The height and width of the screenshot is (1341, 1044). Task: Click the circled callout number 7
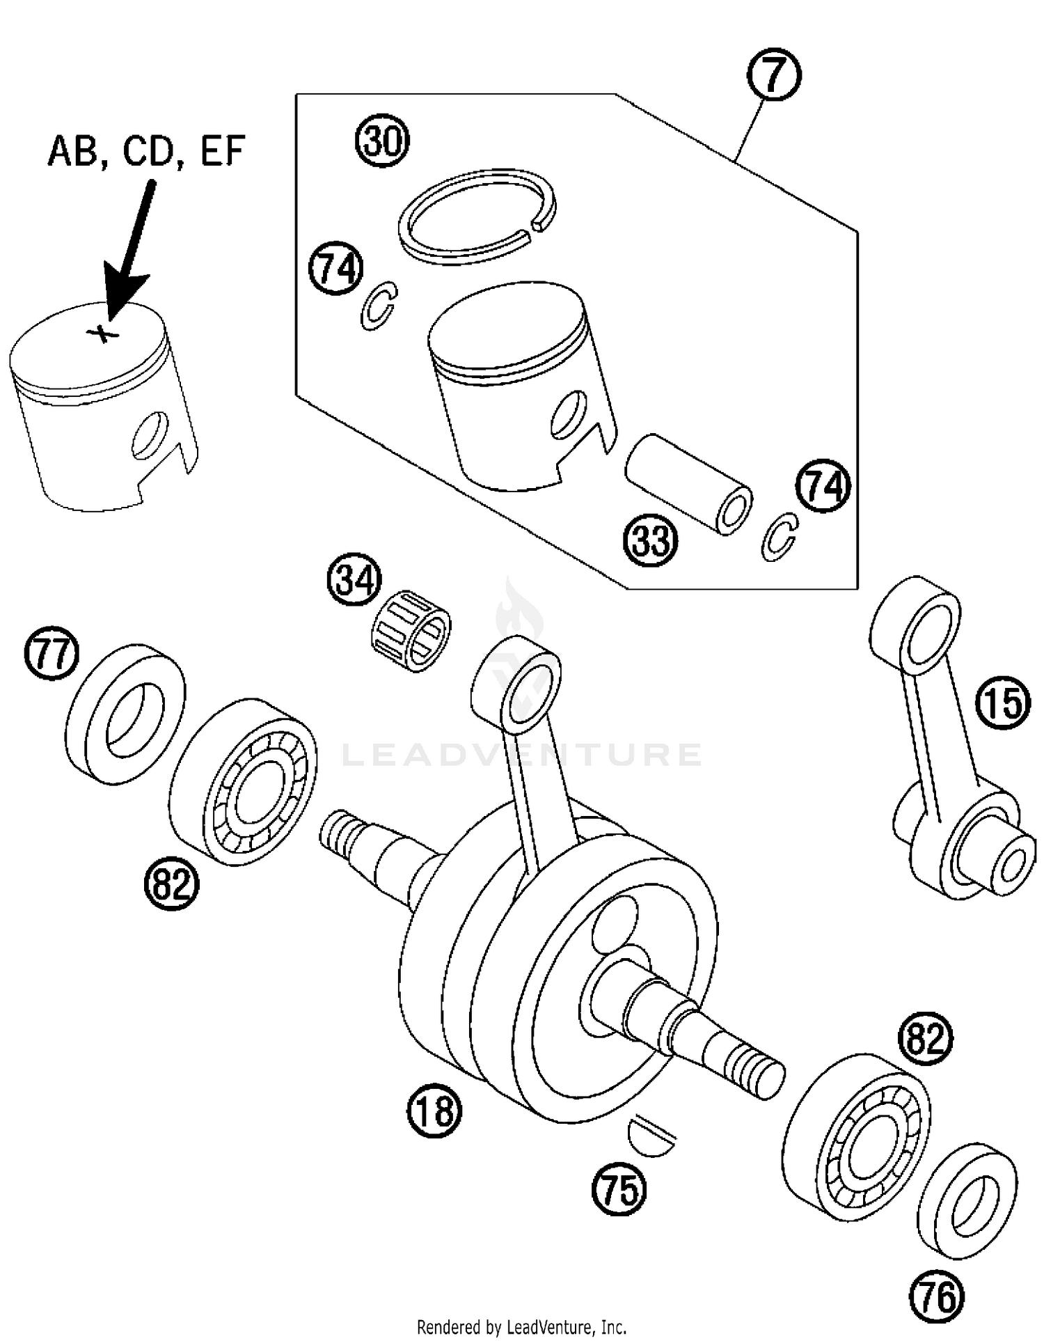[774, 77]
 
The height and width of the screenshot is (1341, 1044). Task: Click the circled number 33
[651, 540]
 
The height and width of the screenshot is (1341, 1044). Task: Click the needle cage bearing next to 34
[409, 631]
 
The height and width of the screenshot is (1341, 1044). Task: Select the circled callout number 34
[355, 581]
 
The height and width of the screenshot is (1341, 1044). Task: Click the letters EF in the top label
[223, 151]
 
